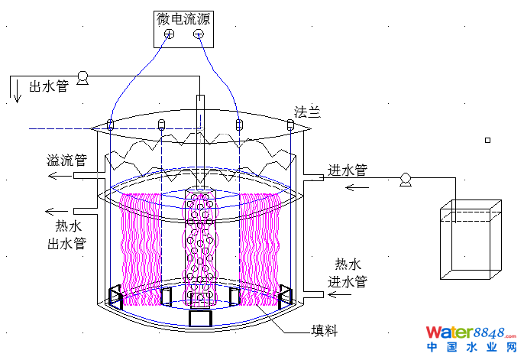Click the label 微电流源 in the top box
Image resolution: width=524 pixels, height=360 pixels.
(x=184, y=18)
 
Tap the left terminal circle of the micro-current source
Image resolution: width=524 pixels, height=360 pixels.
(x=169, y=34)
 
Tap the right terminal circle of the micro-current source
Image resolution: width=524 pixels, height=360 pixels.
(x=199, y=34)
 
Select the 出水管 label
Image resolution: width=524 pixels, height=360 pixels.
(x=49, y=86)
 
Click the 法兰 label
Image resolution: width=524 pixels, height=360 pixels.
(x=307, y=112)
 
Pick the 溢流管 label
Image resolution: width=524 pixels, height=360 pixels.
(x=66, y=161)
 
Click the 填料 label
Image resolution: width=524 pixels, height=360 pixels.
(x=324, y=331)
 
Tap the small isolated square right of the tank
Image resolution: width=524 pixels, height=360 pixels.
(x=488, y=140)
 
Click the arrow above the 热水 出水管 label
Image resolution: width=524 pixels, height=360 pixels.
(x=57, y=212)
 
